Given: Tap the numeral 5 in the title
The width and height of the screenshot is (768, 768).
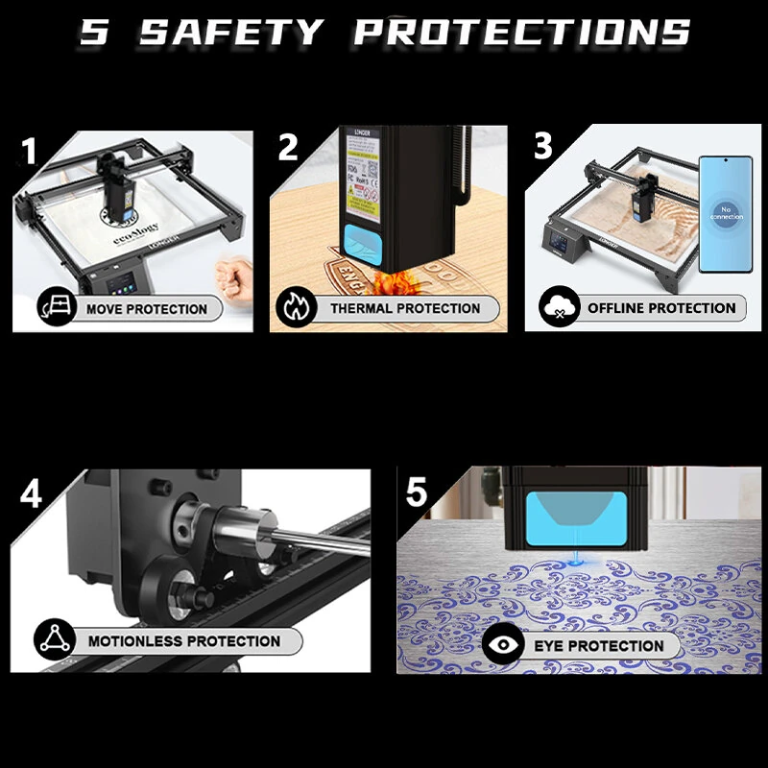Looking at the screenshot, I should [95, 31].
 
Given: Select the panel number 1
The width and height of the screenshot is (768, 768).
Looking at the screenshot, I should [30, 152].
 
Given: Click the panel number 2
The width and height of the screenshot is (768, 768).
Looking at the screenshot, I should [288, 147].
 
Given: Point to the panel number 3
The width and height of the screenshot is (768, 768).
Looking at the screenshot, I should [543, 147].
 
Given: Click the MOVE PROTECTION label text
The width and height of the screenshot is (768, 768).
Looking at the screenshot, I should [146, 309].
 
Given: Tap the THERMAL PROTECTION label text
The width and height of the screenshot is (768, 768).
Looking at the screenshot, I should [405, 308].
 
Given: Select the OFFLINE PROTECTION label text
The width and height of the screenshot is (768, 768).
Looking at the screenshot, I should [661, 308].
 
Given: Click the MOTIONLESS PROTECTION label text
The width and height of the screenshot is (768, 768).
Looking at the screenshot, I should [184, 640].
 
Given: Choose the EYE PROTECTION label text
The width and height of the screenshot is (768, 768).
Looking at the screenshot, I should [599, 645].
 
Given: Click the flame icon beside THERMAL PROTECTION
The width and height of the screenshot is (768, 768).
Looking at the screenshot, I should [294, 307].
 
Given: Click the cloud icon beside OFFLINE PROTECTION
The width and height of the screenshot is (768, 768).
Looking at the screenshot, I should [554, 308].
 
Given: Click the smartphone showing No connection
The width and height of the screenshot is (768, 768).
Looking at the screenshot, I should [725, 214].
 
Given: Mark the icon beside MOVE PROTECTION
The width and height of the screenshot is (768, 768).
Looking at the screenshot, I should [55, 308].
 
